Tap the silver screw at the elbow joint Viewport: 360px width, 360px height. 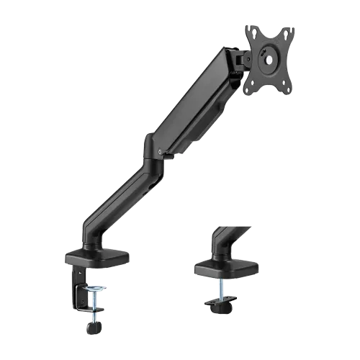click(x=155, y=151)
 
